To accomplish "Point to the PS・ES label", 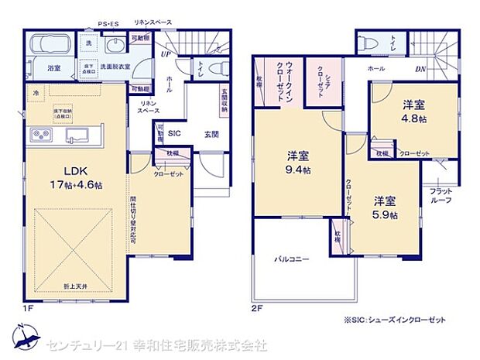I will (x=108, y=24).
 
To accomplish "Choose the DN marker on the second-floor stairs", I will (x=421, y=68).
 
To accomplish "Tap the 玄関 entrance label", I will (x=211, y=133).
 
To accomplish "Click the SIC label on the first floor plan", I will (x=175, y=133).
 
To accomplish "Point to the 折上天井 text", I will (x=75, y=287).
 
